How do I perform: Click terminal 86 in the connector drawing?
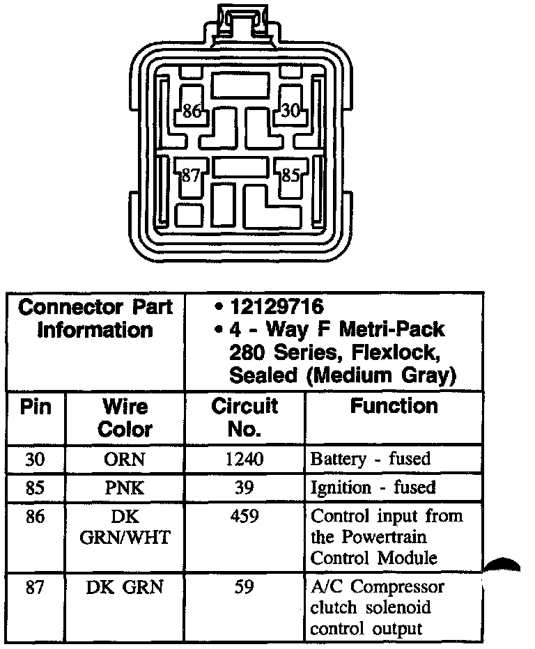192,111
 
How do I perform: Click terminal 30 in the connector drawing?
290,110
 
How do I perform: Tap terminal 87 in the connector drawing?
191,175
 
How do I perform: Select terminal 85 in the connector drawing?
290,175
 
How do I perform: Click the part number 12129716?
277,307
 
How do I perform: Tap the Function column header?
394,406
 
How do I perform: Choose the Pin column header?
36,407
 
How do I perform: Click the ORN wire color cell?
125,459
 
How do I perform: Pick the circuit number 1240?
244,459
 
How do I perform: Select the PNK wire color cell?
125,487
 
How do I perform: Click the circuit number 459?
244,517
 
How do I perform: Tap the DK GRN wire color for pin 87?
125,587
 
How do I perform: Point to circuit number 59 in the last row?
244,587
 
